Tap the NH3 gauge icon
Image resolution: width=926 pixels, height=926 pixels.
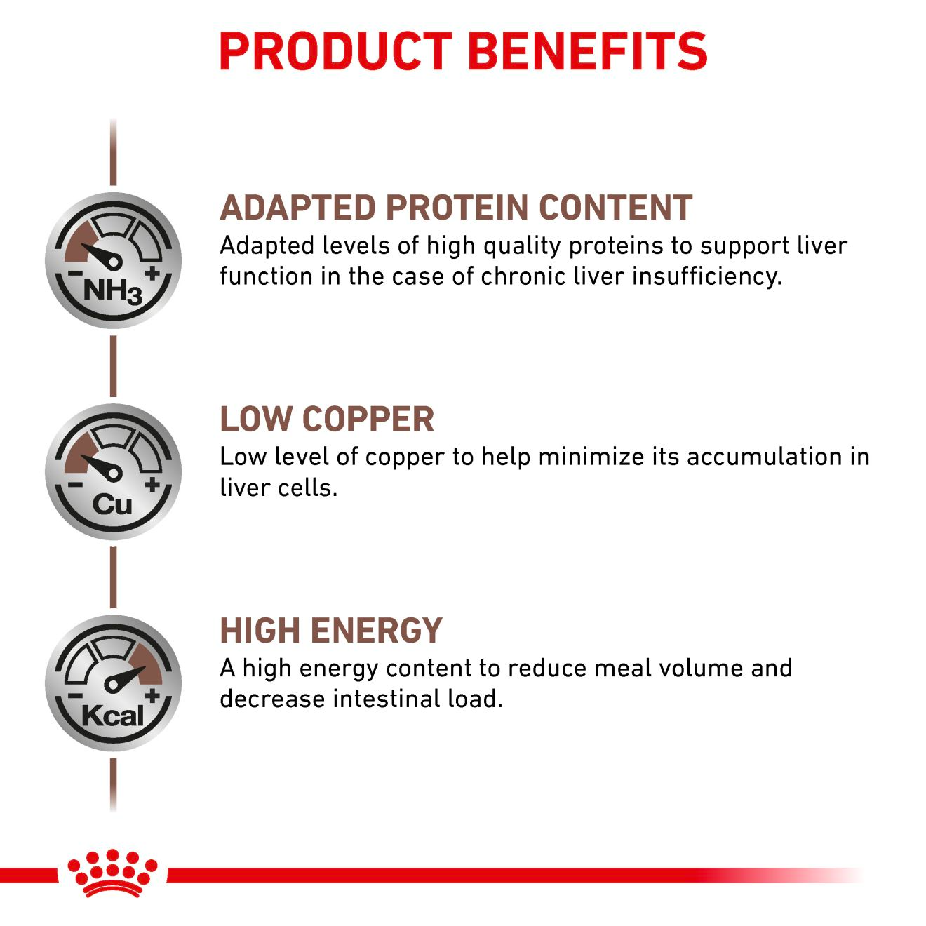(113, 260)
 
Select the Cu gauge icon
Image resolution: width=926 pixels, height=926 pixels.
(113, 471)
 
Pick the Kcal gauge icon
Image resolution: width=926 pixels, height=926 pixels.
(113, 683)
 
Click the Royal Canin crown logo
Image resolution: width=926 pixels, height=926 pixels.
(112, 873)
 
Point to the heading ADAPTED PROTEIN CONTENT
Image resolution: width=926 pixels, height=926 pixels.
(456, 208)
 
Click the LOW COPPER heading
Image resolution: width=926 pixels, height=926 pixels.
(327, 420)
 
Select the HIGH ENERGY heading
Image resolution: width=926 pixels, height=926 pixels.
(331, 631)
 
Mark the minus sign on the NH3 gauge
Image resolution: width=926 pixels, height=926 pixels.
(73, 274)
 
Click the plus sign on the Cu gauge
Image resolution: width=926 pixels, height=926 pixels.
(152, 484)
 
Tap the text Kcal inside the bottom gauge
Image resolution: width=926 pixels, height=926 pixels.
(112, 716)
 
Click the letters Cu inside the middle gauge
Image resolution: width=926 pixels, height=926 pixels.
(112, 504)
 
